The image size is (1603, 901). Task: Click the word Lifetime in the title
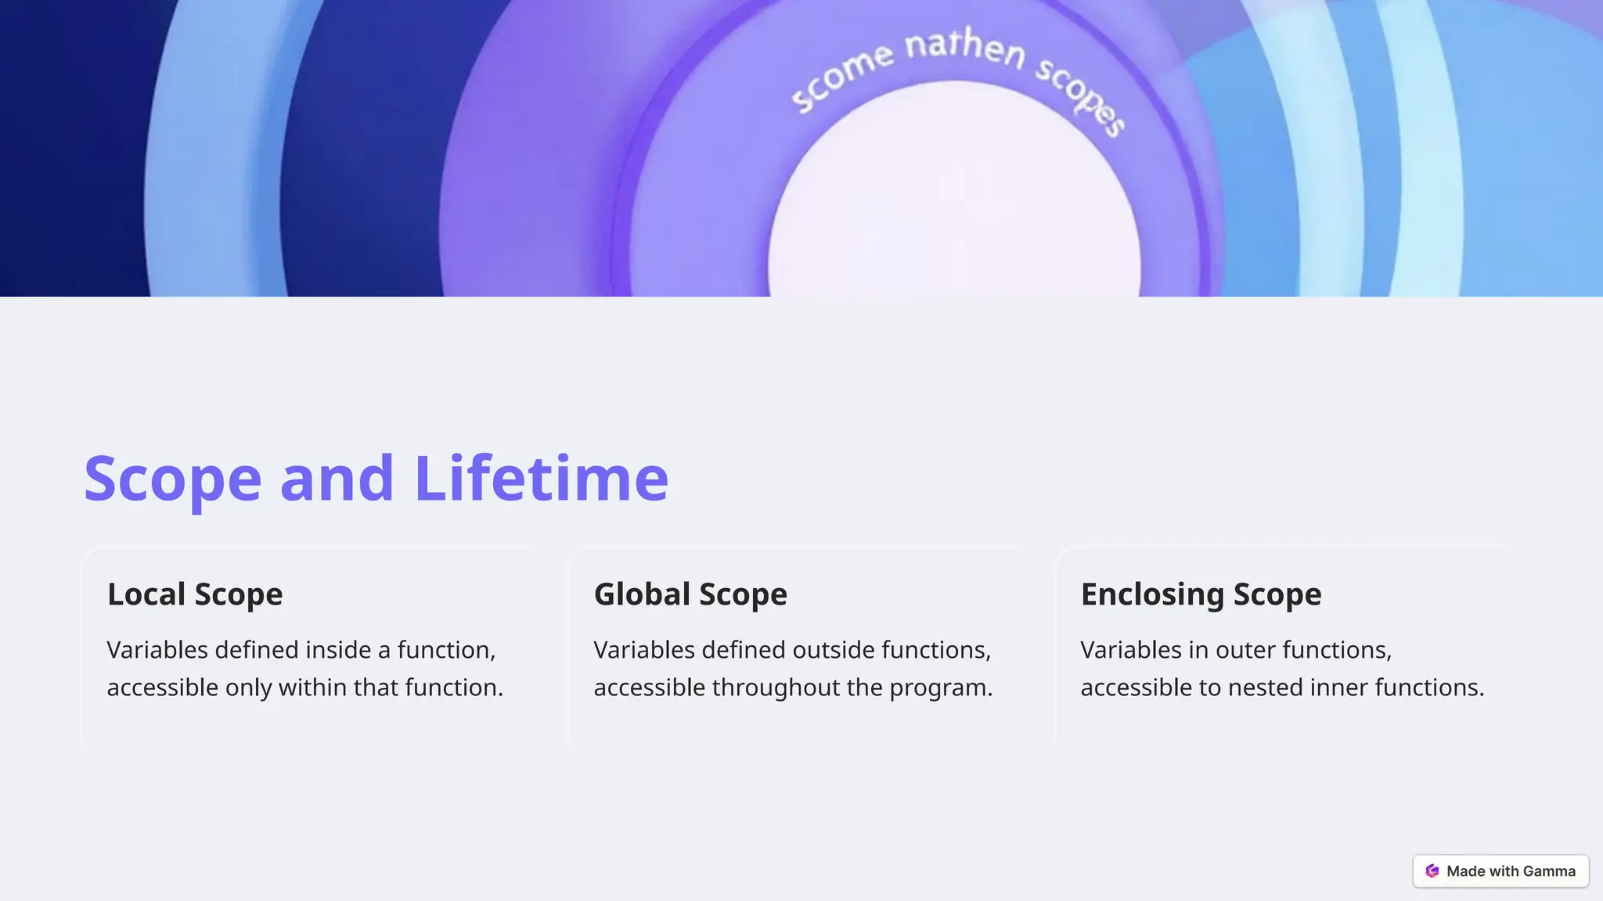(x=541, y=478)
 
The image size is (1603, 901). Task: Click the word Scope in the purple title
(x=172, y=478)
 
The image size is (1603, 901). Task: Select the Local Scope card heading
(x=195, y=594)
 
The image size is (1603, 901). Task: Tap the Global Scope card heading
(x=690, y=594)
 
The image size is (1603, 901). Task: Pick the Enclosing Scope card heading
(x=1201, y=594)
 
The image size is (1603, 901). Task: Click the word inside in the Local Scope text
(x=338, y=650)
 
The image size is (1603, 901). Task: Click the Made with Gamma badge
(x=1500, y=871)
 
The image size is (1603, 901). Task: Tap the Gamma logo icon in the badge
(x=1432, y=871)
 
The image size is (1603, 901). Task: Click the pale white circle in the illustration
(x=953, y=203)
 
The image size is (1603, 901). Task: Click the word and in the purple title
(x=337, y=478)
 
